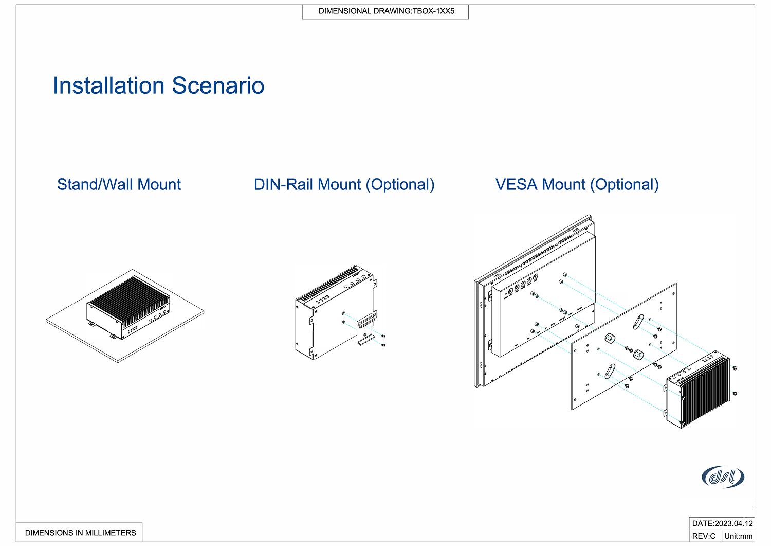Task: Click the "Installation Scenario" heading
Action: tap(158, 85)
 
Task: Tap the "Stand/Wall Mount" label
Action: tap(119, 184)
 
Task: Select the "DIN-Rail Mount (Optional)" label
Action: tap(344, 184)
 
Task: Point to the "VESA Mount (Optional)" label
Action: tap(577, 184)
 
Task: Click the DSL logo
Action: tap(723, 477)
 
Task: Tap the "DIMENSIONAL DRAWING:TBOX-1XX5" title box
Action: tap(385, 11)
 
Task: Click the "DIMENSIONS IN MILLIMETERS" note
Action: tap(80, 533)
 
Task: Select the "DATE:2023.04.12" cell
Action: tap(722, 523)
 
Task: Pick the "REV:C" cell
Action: tap(704, 536)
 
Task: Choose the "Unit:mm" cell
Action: tap(738, 536)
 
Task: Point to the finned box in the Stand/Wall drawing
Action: tap(128, 309)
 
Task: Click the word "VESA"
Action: tap(517, 184)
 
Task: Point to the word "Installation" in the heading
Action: tap(109, 85)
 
